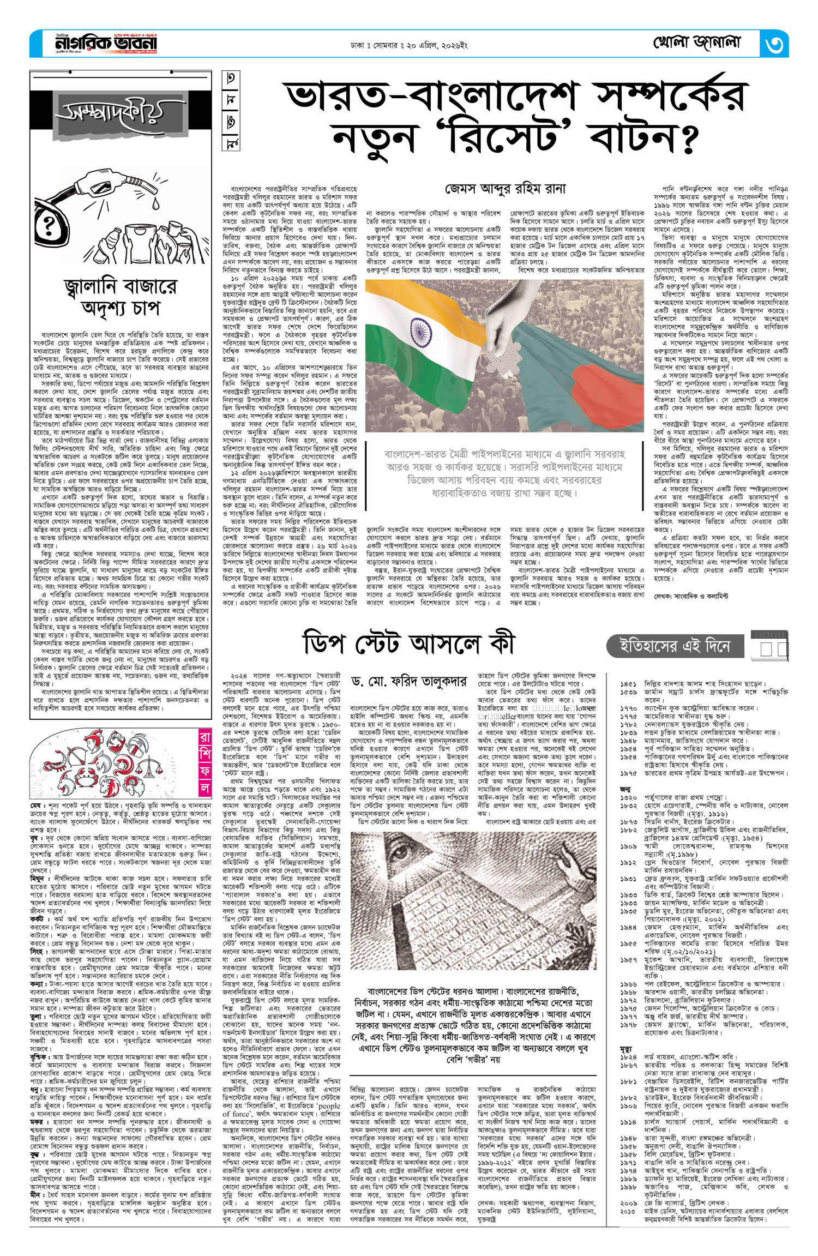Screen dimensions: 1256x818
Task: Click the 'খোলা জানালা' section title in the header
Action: pyautogui.click(x=697, y=43)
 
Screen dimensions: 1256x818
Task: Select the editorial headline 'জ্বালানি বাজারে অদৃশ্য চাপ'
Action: pyautogui.click(x=121, y=296)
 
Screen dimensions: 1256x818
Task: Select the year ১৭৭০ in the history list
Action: pyautogui.click(x=628, y=707)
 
